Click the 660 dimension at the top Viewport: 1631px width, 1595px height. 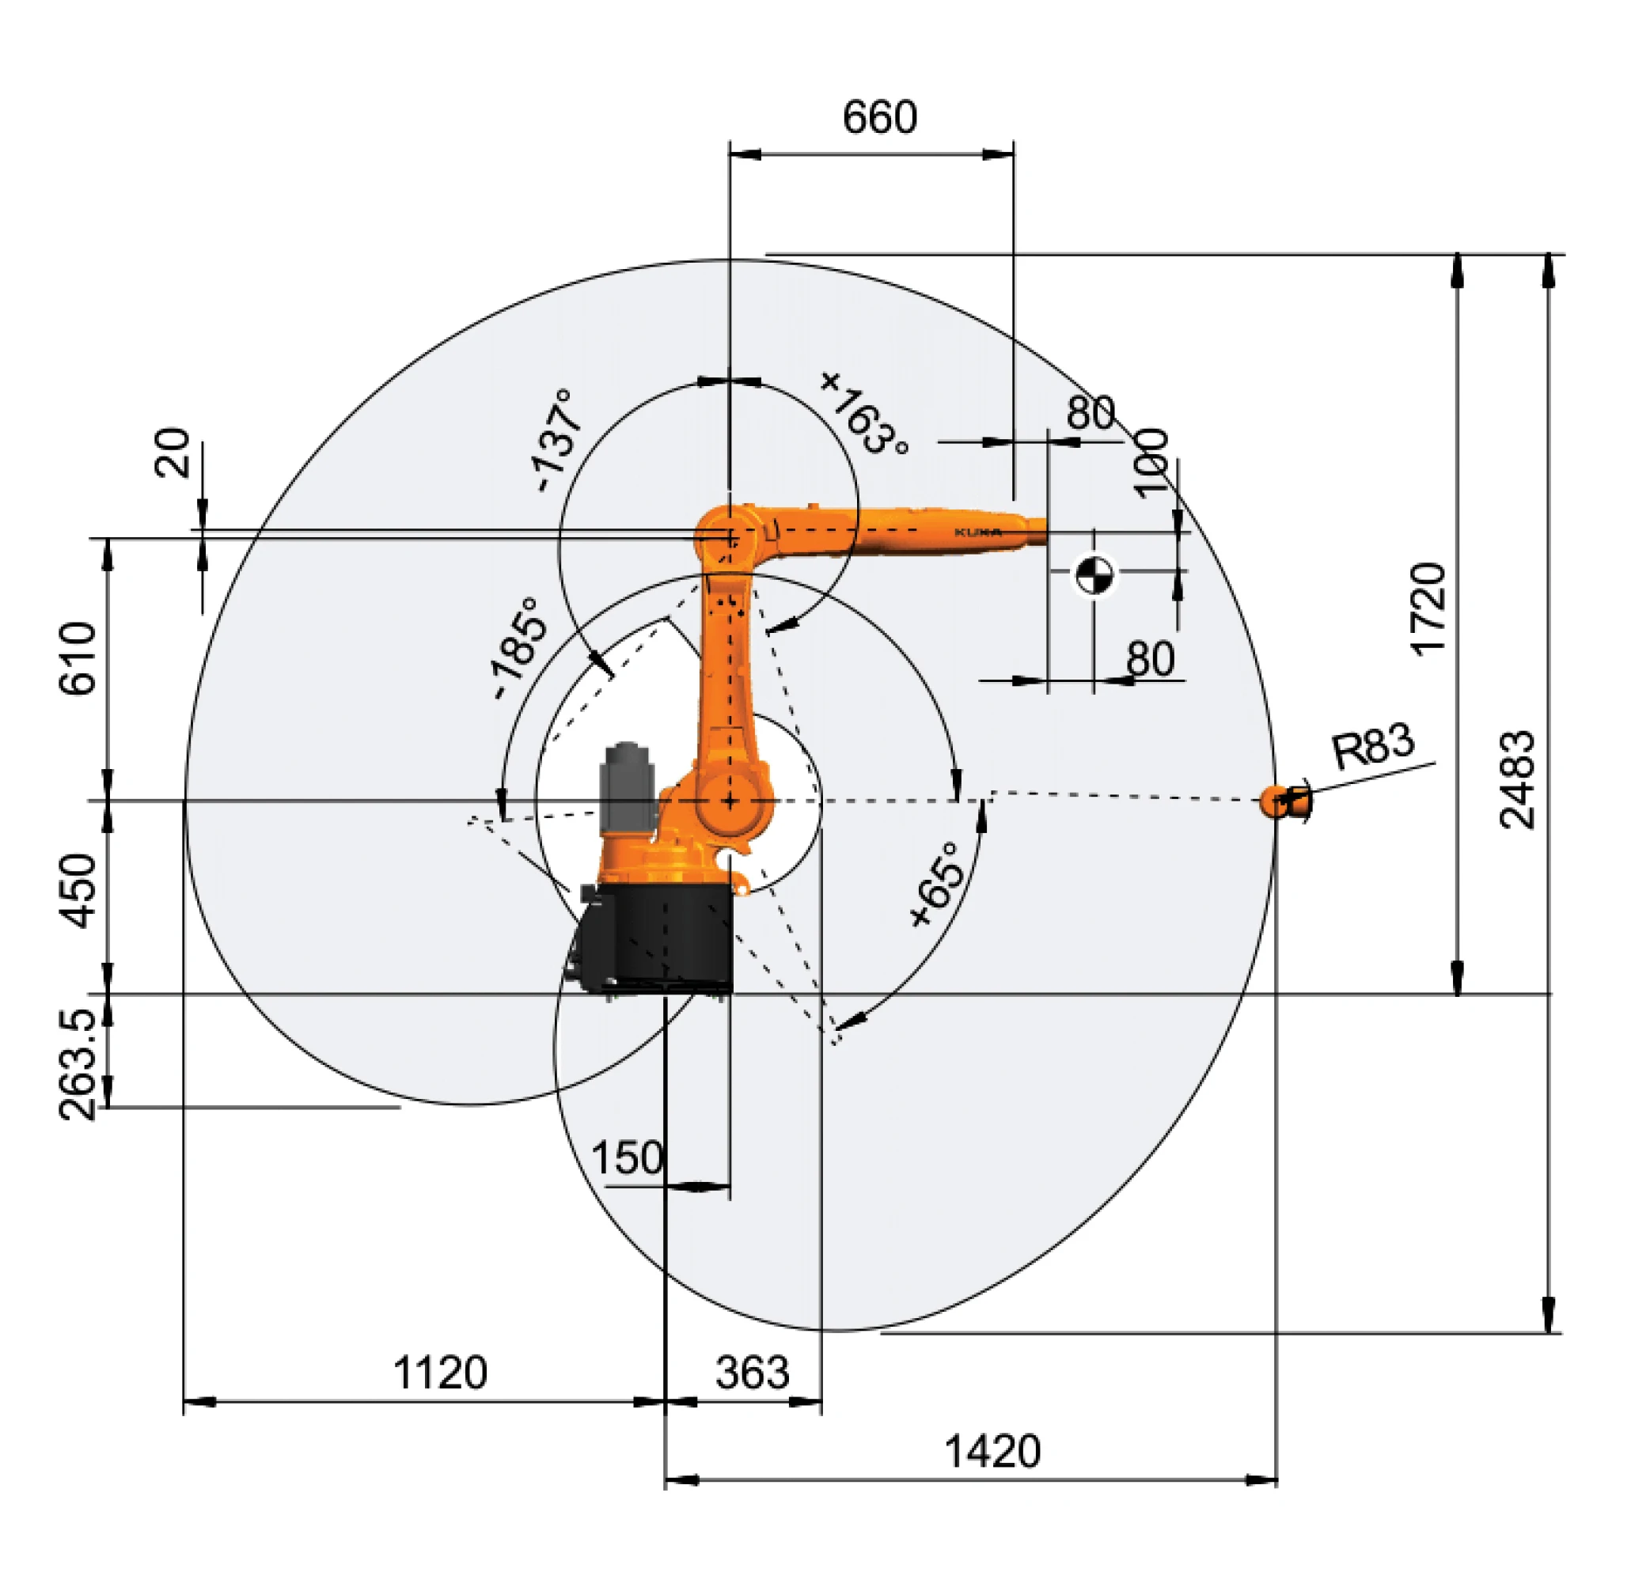point(878,117)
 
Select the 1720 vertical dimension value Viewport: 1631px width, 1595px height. point(1428,608)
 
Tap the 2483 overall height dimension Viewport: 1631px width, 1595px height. point(1516,779)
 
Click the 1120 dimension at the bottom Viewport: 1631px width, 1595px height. point(440,1373)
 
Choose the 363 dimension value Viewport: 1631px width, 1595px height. point(752,1373)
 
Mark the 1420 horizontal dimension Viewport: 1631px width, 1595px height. point(992,1451)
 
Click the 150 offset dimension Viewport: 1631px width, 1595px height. point(627,1158)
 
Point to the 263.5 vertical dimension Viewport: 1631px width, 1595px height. point(80,1064)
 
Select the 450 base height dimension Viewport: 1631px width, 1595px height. point(80,892)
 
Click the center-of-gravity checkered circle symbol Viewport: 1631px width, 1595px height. point(1092,574)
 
